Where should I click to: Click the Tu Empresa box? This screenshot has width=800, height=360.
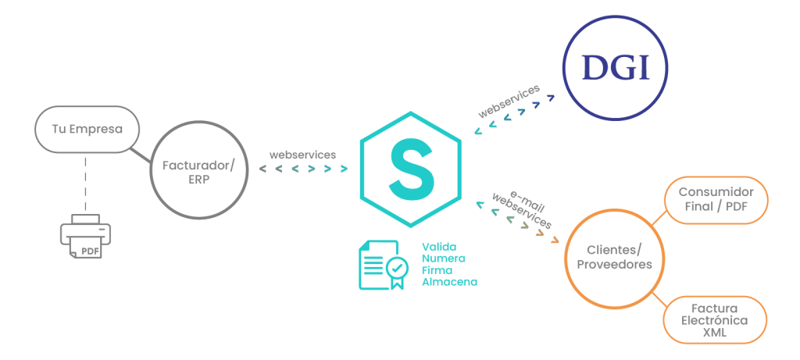(86, 128)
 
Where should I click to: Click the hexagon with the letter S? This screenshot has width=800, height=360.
(410, 170)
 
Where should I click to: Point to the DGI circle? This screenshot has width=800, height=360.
(616, 70)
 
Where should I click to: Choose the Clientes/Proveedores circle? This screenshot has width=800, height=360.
(613, 257)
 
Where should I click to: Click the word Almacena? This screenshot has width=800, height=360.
(449, 280)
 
